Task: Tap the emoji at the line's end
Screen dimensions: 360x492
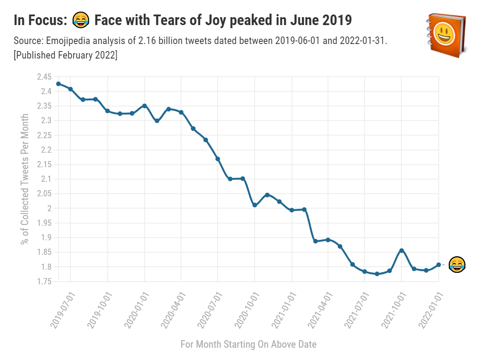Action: tap(457, 264)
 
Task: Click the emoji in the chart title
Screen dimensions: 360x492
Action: tap(81, 20)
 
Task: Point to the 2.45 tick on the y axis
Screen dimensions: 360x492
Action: tap(44, 77)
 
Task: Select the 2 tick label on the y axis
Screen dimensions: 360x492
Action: tap(48, 208)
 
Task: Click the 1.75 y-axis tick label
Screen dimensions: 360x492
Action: tap(44, 281)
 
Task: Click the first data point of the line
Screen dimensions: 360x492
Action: tap(58, 84)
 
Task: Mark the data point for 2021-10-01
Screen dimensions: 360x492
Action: tap(401, 250)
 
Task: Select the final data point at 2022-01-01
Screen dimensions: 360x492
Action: tap(438, 264)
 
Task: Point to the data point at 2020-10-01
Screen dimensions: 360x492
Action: tap(255, 205)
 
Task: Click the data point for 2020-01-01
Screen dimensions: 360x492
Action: tap(144, 106)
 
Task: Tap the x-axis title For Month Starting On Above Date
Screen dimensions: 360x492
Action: tap(248, 344)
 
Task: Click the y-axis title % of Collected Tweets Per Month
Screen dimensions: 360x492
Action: tap(26, 179)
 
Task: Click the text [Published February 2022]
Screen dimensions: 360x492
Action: tap(66, 55)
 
